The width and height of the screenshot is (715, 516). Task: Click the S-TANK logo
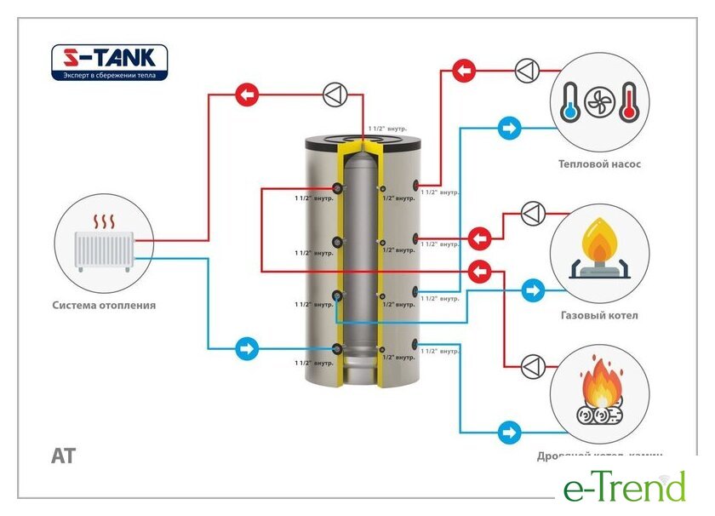(x=110, y=59)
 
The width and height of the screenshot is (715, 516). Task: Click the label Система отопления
(x=104, y=305)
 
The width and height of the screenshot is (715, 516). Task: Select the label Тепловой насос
(x=599, y=164)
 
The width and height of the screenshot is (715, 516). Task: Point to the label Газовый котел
(x=599, y=315)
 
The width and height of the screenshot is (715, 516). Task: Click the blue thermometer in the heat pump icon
(x=569, y=100)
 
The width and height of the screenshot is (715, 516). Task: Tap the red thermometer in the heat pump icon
(x=629, y=100)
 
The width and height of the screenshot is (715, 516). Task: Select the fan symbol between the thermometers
(x=599, y=101)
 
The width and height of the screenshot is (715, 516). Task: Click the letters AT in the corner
(x=63, y=456)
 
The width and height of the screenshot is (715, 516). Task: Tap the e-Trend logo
(x=624, y=487)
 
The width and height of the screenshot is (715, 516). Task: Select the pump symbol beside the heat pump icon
(x=527, y=70)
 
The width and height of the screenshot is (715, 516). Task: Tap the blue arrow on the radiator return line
(x=247, y=348)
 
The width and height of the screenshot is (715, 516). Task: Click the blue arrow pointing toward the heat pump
(x=509, y=129)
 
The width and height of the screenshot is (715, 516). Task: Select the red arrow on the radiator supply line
(x=247, y=95)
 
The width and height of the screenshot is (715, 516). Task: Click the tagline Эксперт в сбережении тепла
(x=110, y=75)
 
